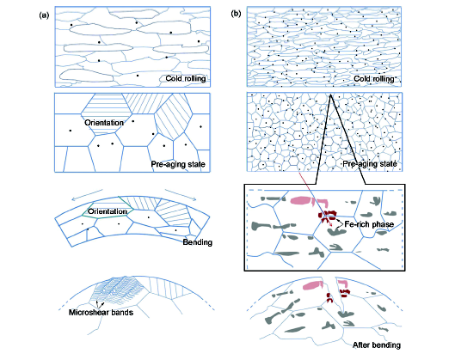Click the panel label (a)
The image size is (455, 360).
point(44,15)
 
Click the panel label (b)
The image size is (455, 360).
point(236,14)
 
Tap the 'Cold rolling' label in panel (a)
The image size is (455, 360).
point(186,78)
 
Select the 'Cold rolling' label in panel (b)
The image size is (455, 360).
point(374,78)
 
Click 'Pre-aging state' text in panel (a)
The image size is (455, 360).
point(178,164)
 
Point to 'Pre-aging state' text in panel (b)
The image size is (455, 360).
point(370,164)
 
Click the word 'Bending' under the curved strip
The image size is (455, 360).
point(197,242)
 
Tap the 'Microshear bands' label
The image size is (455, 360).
point(101,312)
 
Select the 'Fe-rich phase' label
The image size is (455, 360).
point(369,224)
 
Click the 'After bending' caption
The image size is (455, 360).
point(377,345)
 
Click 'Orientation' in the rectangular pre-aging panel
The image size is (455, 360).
point(104,123)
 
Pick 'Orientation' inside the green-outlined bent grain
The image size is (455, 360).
point(108,211)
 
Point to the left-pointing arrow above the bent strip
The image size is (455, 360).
point(87,195)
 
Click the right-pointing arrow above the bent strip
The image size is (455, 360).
point(181,195)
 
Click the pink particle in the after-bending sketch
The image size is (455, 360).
point(313,285)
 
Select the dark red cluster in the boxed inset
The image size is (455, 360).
point(328,215)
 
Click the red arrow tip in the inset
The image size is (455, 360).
point(332,227)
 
